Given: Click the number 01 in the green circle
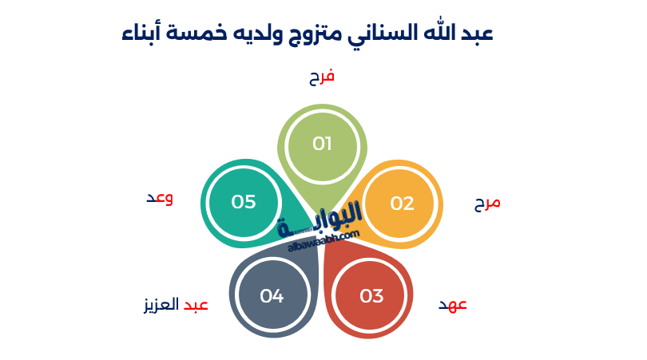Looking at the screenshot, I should point(322,144).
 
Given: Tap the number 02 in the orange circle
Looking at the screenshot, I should point(402,204).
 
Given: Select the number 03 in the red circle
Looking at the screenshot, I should point(371,296).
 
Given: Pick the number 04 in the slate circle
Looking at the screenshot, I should point(272,296).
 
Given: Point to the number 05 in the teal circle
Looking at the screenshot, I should point(244,202).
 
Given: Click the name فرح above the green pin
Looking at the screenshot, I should point(322,77).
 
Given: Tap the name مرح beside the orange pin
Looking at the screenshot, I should point(486,203).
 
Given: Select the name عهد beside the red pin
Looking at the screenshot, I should point(453,305).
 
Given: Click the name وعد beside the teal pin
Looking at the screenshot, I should point(159,198).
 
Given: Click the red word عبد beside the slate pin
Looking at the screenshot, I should point(196,305).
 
